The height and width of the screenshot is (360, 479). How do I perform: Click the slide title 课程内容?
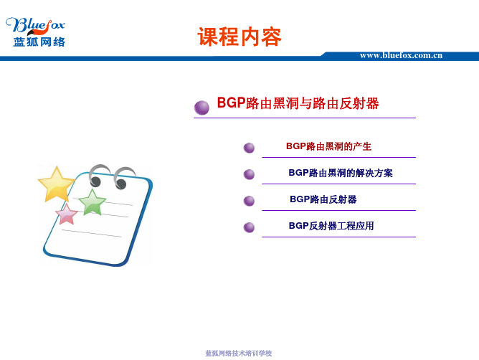pyautogui.click(x=239, y=37)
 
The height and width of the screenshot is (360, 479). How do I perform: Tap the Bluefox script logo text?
pyautogui.click(x=35, y=25)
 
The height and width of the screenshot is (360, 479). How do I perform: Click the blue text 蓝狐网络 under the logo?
pyautogui.click(x=39, y=42)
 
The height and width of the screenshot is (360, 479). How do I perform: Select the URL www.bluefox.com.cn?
pyautogui.click(x=401, y=55)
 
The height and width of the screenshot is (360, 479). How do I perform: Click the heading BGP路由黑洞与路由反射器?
pyautogui.click(x=298, y=103)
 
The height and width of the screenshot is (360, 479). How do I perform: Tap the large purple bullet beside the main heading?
pyautogui.click(x=201, y=108)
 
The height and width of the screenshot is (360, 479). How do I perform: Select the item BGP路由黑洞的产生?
pyautogui.click(x=328, y=146)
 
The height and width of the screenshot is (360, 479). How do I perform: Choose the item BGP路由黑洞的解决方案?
pyautogui.click(x=341, y=173)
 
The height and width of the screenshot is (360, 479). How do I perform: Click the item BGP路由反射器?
pyautogui.click(x=323, y=199)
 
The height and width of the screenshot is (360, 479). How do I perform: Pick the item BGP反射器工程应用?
pyautogui.click(x=331, y=226)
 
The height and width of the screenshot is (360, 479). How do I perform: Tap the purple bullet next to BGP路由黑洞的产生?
pyautogui.click(x=249, y=148)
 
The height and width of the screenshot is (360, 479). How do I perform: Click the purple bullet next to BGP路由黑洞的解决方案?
pyautogui.click(x=249, y=174)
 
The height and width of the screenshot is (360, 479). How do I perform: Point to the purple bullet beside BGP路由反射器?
pyautogui.click(x=249, y=201)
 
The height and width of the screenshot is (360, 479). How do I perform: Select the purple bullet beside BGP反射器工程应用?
pyautogui.click(x=249, y=227)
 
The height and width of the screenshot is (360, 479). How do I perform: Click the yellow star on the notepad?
pyautogui.click(x=57, y=185)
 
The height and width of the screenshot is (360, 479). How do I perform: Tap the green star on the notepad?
pyautogui.click(x=92, y=203)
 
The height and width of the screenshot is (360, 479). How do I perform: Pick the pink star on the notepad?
pyautogui.click(x=67, y=214)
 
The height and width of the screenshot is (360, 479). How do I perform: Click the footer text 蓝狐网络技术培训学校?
pyautogui.click(x=238, y=354)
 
